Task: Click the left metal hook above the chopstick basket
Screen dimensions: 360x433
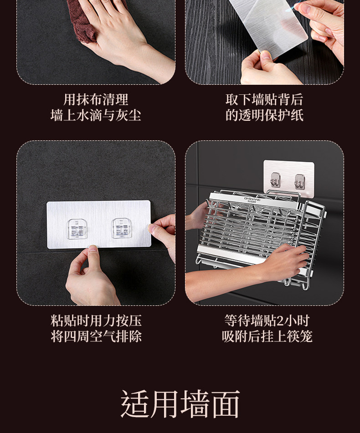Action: point(276,180)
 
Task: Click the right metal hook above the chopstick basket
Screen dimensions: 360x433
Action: point(300,182)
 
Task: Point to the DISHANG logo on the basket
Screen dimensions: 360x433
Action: point(252,199)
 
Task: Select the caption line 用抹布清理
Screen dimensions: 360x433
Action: point(96,99)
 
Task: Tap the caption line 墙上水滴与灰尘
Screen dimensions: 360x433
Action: point(96,115)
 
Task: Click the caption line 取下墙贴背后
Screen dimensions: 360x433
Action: point(264,99)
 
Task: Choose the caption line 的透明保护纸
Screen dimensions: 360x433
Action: point(264,115)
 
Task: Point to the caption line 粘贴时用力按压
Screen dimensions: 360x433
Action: point(96,320)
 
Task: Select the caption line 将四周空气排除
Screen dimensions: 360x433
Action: point(96,336)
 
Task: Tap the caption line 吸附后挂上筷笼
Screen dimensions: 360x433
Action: point(267,336)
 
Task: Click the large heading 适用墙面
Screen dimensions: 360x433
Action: point(180,404)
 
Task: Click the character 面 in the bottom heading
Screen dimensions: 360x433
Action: point(226,404)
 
